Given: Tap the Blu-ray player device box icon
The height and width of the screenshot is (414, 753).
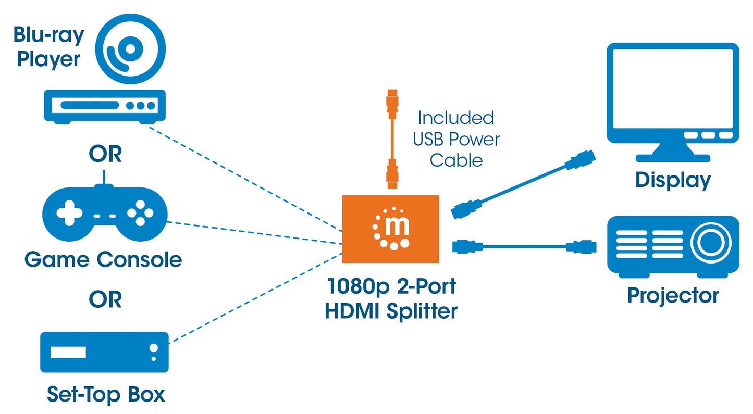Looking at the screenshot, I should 104,105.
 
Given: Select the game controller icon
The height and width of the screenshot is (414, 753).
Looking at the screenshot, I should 105,214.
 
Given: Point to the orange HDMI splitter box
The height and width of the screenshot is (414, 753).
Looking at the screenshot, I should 390,228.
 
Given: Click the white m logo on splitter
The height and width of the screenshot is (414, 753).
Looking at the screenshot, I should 390,228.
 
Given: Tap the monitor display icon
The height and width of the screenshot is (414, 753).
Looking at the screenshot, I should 673,99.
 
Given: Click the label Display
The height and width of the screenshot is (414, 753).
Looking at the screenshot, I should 672,180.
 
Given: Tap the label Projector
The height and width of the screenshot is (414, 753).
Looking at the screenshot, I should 672,295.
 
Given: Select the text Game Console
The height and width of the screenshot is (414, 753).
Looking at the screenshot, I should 103,259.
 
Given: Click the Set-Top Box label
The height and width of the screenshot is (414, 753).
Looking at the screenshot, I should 105,394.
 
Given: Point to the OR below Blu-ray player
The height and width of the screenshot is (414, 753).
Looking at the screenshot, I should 105,154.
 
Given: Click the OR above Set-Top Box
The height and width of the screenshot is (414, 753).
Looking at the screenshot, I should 105,299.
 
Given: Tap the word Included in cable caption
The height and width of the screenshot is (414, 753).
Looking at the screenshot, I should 455,118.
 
